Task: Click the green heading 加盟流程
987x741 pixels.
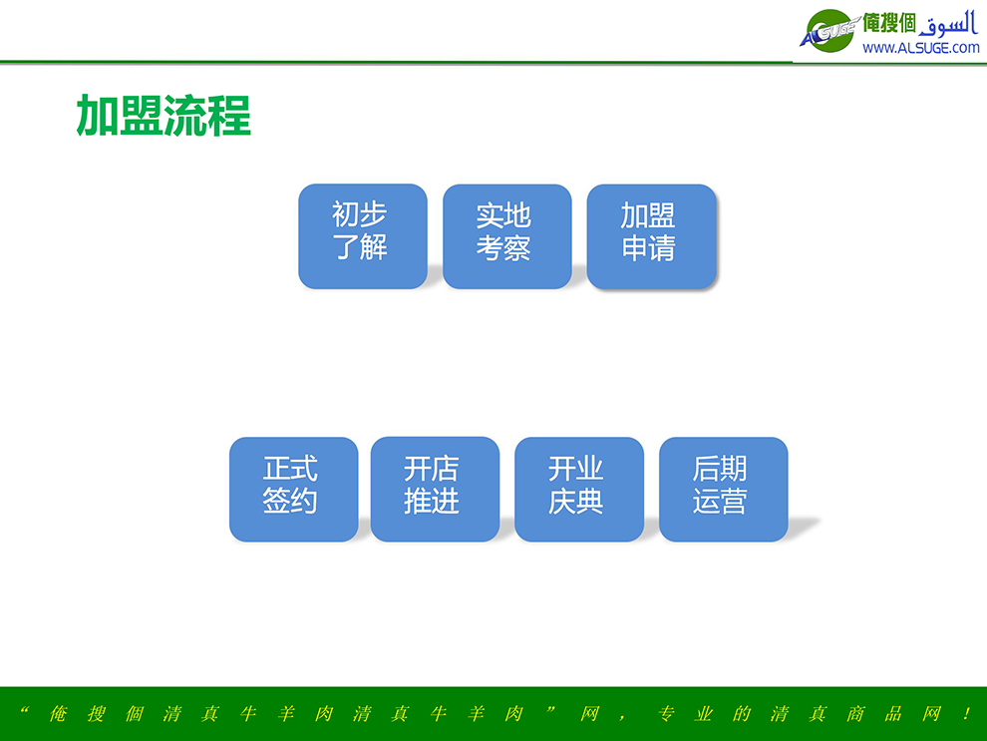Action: click(x=164, y=116)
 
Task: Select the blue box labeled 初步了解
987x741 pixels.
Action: click(x=363, y=236)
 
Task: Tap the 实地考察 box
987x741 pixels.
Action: click(x=507, y=236)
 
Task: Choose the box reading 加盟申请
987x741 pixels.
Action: click(x=651, y=236)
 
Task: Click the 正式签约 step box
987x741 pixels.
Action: click(x=293, y=489)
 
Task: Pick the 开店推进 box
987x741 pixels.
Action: click(x=435, y=489)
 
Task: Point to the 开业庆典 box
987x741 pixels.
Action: click(x=579, y=489)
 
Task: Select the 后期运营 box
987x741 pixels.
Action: click(x=723, y=489)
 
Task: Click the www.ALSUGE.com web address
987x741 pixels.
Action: click(x=921, y=48)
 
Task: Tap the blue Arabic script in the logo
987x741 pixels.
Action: click(x=948, y=25)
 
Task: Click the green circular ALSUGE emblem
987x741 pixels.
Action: click(x=829, y=31)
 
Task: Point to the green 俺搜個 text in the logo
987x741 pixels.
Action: click(x=889, y=23)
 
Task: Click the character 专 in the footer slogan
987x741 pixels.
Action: click(x=666, y=713)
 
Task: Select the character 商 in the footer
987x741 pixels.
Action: click(x=855, y=713)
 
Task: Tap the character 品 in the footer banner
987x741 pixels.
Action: click(x=893, y=713)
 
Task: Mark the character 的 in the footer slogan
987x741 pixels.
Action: click(x=742, y=713)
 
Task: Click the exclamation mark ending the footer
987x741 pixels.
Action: click(x=966, y=713)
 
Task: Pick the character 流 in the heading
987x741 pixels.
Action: click(x=185, y=116)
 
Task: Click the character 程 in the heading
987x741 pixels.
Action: click(x=229, y=116)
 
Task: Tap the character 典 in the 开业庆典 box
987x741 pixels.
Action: click(x=590, y=502)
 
